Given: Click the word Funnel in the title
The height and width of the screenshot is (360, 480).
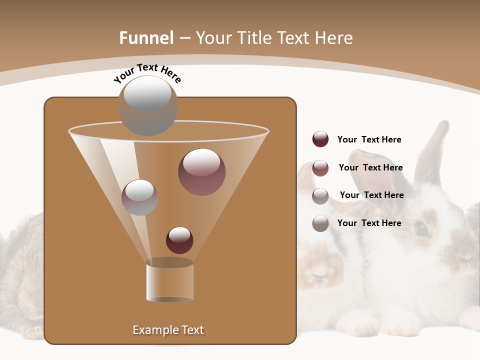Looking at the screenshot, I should point(146,38).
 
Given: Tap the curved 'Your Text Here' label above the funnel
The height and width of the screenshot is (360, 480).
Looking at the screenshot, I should point(147,72).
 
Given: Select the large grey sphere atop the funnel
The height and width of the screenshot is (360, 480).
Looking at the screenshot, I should point(148,105).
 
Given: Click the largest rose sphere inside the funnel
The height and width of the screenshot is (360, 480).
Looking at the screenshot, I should point(201,171).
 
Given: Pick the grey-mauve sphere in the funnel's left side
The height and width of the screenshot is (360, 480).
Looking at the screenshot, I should point(139,197).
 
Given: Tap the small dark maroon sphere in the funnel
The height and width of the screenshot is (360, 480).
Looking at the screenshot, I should point(179,240).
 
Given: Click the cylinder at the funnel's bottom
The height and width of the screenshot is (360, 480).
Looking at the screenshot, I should point(169,282).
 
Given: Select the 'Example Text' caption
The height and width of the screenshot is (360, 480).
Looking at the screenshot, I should point(168,330).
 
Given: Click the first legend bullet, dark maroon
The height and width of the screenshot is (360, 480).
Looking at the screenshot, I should point(320,139).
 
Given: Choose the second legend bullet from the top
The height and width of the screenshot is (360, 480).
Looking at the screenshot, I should point(320,168).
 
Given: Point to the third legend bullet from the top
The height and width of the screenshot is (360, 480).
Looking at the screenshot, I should point(320,196).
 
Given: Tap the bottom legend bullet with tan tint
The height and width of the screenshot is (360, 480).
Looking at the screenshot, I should point(320,223).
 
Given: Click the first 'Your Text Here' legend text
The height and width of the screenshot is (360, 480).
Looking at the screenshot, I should point(369,139).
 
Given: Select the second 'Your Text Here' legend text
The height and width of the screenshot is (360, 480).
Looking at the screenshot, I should point(370,167).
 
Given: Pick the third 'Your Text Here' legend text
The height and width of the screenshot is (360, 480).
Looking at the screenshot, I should point(371,195).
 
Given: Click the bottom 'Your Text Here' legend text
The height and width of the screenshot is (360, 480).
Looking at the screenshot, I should point(369,223).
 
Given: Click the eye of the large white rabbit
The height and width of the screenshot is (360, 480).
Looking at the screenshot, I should point(421,228).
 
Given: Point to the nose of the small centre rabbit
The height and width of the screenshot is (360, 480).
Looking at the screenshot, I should point(320,274).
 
